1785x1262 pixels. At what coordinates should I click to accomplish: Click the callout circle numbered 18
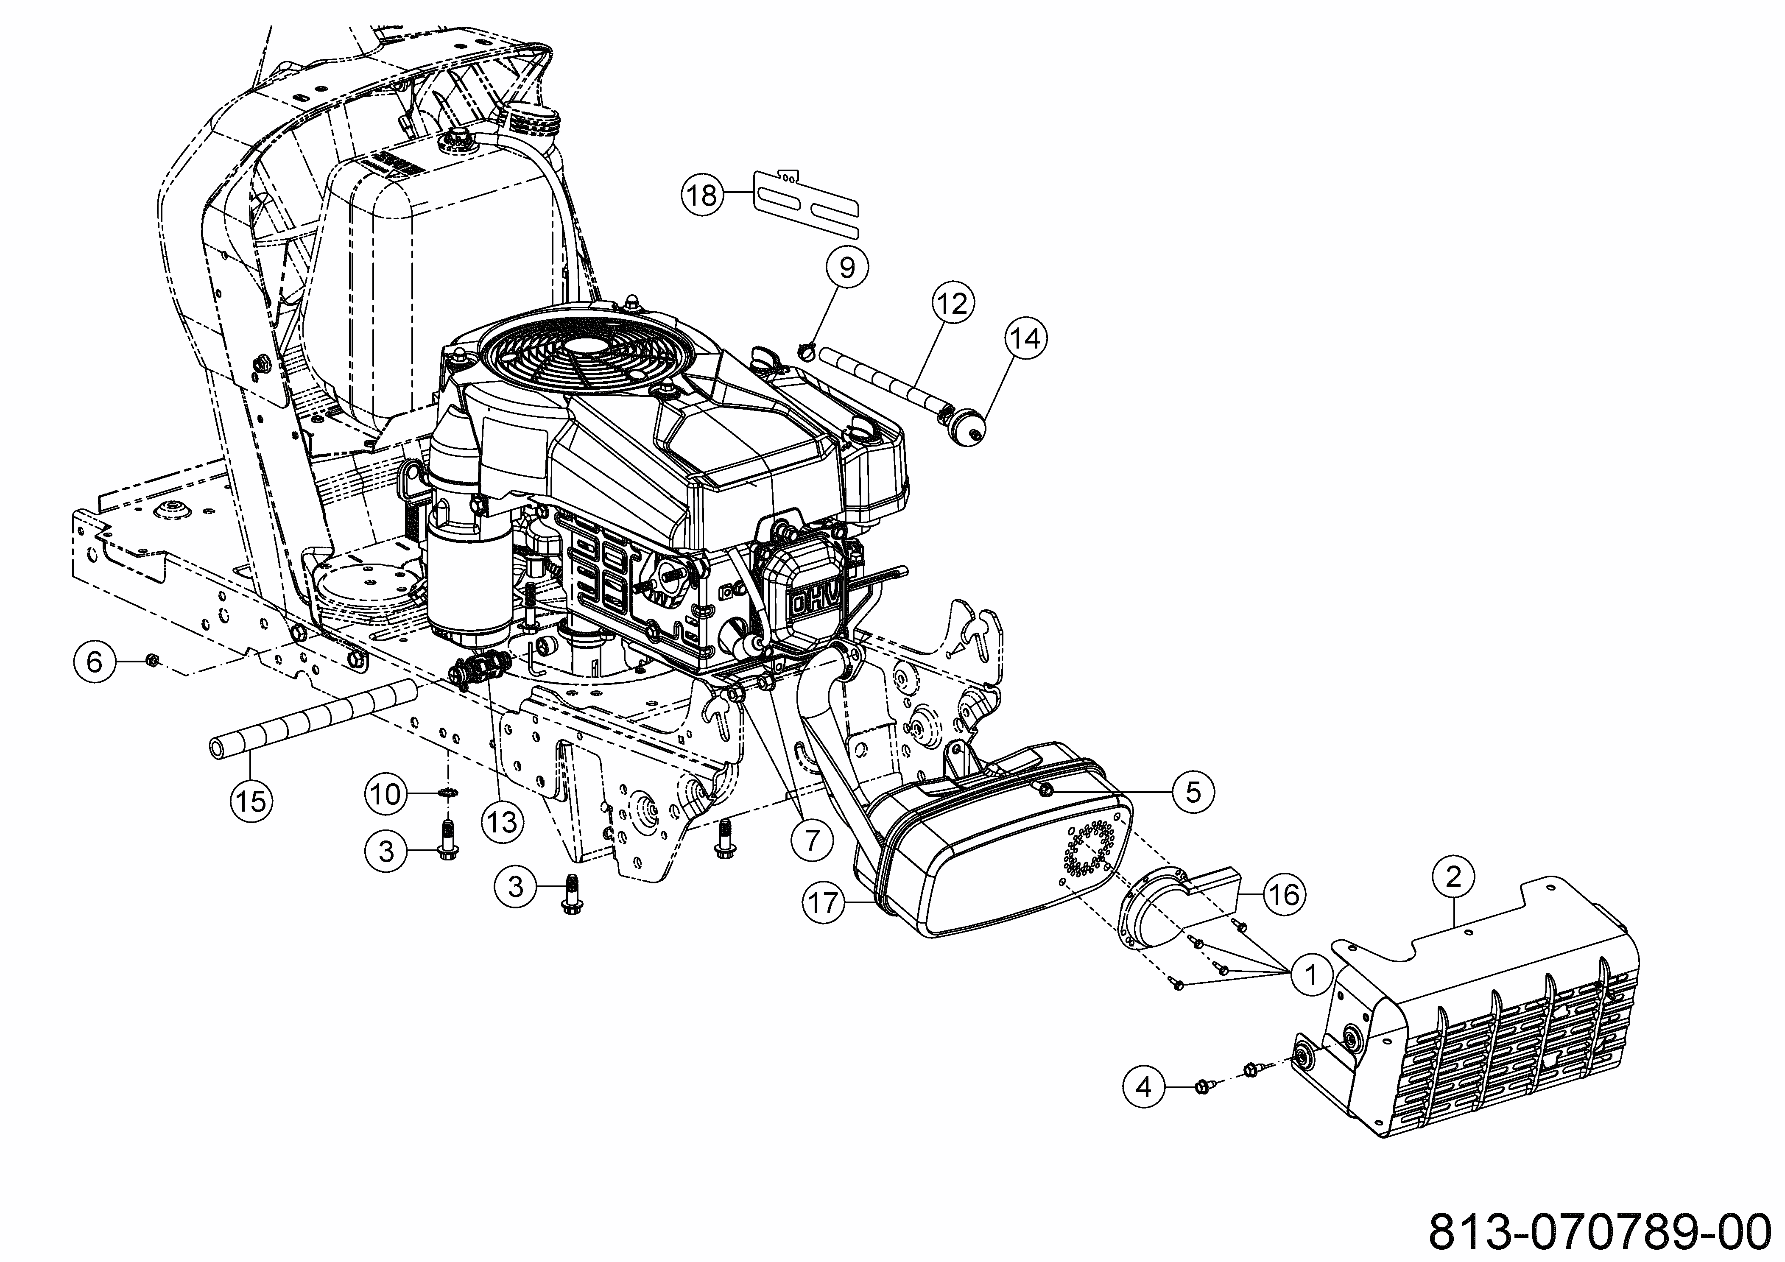pyautogui.click(x=702, y=194)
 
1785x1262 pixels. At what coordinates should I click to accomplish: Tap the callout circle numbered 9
pyautogui.click(x=846, y=268)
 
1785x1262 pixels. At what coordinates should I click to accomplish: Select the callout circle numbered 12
pyautogui.click(x=953, y=303)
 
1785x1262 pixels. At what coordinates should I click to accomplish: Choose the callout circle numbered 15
pyautogui.click(x=251, y=800)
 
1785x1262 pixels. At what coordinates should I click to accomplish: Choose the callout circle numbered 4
pyautogui.click(x=1144, y=1086)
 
